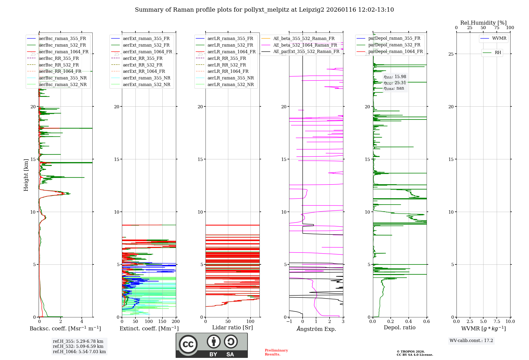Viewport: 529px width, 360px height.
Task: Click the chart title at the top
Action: (264, 10)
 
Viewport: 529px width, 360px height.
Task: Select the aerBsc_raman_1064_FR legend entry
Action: (63, 52)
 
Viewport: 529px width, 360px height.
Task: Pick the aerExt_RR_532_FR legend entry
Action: (143, 65)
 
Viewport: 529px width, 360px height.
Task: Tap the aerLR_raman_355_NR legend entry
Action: (230, 78)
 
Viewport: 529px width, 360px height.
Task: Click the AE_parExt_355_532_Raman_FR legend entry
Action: (306, 51)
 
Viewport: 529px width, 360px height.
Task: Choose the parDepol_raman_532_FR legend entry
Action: (394, 45)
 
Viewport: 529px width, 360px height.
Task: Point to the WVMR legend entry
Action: (499, 38)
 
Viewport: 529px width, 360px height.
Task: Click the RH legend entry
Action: (498, 53)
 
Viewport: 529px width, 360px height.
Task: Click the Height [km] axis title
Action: (26, 175)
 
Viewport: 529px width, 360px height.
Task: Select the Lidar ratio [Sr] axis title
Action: (232, 327)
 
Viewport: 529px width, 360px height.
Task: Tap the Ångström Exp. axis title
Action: (316, 329)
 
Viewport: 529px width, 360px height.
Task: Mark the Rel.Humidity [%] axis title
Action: (483, 23)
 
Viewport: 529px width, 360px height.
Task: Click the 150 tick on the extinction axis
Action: (162, 321)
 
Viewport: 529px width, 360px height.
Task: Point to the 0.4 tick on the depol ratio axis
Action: (409, 321)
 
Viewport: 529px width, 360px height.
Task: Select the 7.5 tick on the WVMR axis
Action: (497, 321)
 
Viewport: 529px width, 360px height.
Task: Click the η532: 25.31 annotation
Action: (395, 83)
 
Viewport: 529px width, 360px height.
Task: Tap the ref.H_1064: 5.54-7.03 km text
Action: (79, 352)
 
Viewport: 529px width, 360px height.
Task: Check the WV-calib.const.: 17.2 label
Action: (471, 340)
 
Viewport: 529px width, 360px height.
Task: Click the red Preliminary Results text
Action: (276, 352)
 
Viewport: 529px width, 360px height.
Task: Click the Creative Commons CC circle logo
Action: (188, 344)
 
